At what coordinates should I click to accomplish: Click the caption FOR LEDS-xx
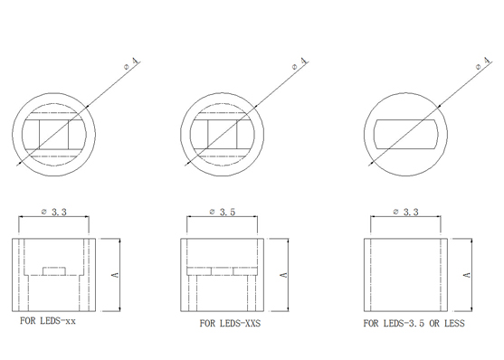(x=48, y=321)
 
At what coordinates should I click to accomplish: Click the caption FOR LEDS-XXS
(x=230, y=323)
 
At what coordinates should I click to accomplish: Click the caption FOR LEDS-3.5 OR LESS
(x=414, y=323)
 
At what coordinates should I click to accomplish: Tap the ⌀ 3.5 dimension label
(x=223, y=212)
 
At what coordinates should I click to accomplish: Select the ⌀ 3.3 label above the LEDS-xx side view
(x=54, y=212)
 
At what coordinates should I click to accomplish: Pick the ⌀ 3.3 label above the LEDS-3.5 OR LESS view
(x=406, y=212)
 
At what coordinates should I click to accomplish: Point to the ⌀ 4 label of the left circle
(x=132, y=63)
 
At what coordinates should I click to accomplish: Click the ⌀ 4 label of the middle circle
(x=300, y=63)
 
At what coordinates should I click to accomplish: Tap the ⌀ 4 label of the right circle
(x=484, y=63)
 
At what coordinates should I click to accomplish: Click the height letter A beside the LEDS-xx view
(x=115, y=275)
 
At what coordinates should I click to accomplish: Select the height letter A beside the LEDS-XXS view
(x=283, y=275)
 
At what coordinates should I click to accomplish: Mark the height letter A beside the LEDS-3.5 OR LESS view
(x=467, y=275)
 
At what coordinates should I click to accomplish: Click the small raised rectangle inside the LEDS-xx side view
(x=54, y=271)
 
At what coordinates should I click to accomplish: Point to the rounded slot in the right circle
(x=406, y=134)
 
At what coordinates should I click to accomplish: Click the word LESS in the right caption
(x=454, y=323)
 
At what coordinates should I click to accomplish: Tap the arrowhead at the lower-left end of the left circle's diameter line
(x=19, y=165)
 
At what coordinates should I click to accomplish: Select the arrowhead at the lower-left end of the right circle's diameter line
(x=371, y=165)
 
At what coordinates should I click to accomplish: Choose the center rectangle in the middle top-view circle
(x=223, y=135)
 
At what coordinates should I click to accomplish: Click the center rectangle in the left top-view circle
(x=54, y=135)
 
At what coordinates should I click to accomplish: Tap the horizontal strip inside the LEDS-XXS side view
(x=222, y=271)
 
